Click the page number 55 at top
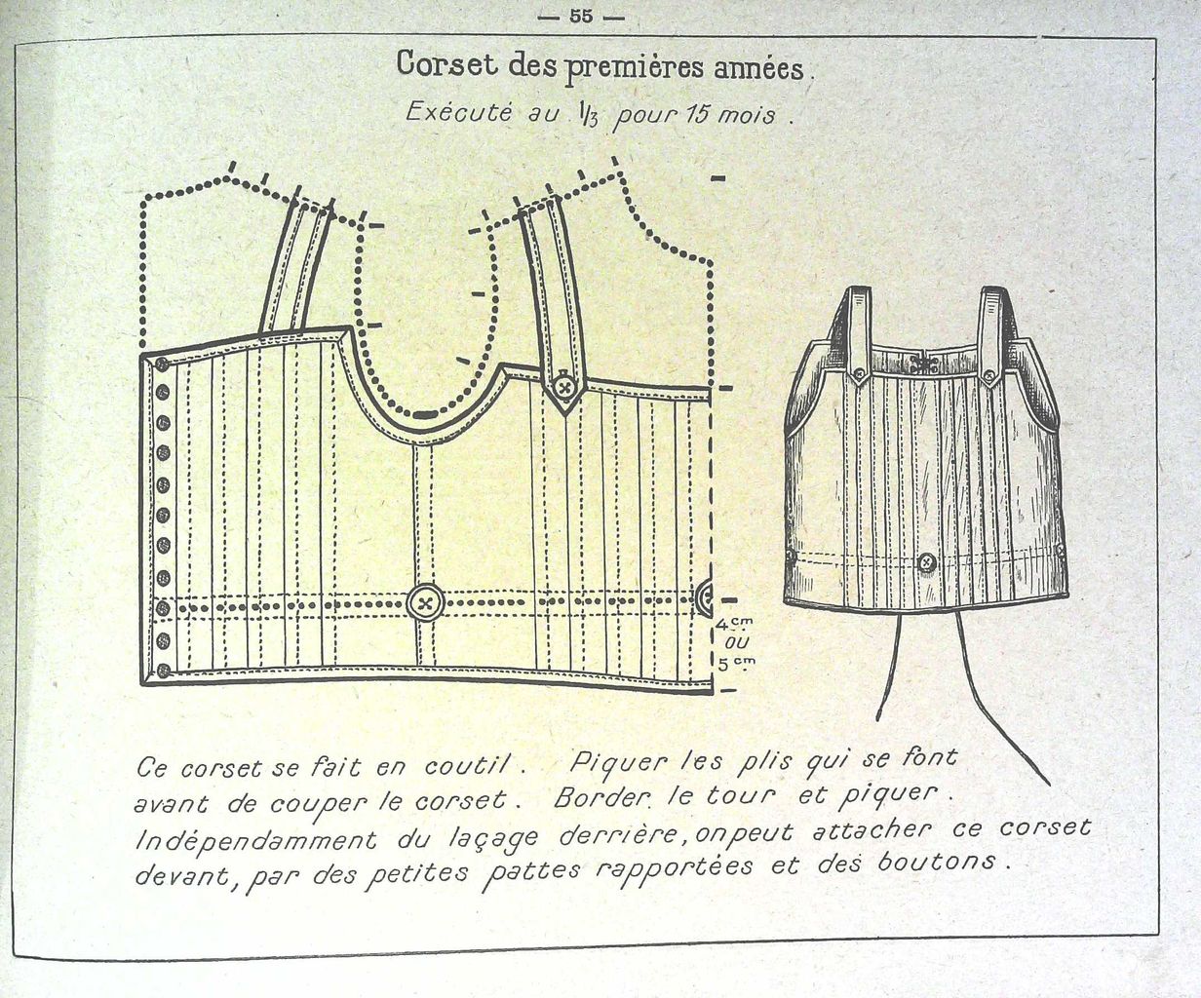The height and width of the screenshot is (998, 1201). [x=581, y=17]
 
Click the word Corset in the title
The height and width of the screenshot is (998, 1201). [x=446, y=63]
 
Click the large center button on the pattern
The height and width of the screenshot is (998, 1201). [x=426, y=604]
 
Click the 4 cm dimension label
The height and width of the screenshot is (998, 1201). [x=733, y=624]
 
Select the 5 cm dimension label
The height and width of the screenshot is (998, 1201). [x=736, y=664]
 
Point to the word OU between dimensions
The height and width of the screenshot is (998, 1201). [x=736, y=642]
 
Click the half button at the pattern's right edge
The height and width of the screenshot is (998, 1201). [x=704, y=600]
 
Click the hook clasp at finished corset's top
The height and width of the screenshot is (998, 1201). [x=925, y=364]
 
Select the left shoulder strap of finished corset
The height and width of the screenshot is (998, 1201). [x=860, y=333]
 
